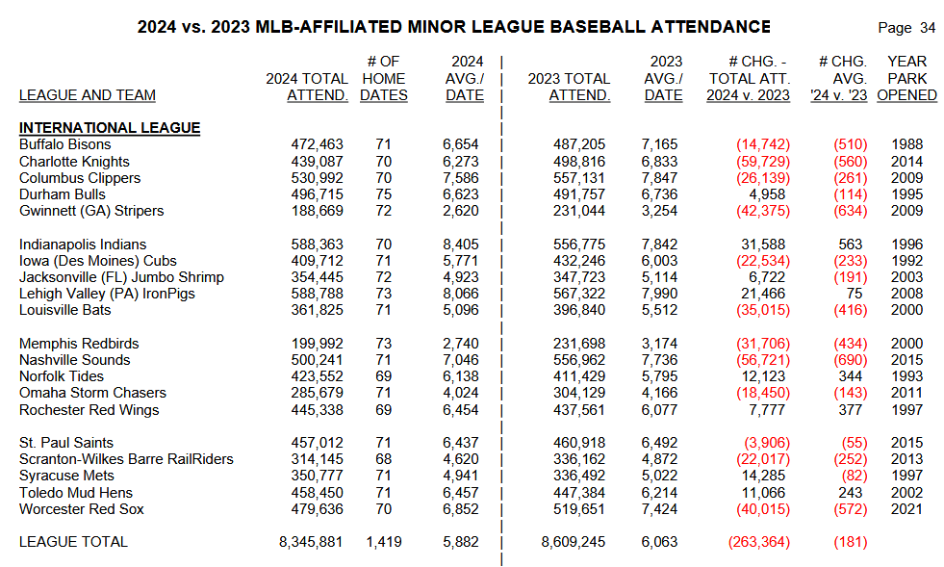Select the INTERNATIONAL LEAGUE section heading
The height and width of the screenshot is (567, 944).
point(110,128)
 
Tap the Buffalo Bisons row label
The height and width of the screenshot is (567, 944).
point(65,144)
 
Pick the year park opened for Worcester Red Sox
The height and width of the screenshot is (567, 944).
point(906,508)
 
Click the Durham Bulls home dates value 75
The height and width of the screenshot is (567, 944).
point(383,194)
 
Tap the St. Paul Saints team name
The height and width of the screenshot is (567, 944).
point(66,443)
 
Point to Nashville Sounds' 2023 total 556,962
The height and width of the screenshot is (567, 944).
point(579,360)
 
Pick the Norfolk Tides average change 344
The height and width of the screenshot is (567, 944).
point(853,376)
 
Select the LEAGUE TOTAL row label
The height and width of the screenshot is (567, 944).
point(73,542)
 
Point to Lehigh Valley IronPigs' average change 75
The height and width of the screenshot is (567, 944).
point(856,294)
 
